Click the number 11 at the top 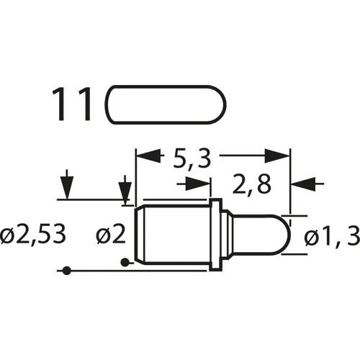click(x=72, y=104)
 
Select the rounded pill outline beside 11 click(x=166, y=104)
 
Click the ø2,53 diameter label click(x=35, y=234)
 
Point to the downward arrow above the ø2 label click(x=125, y=190)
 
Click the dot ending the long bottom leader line click(x=66, y=271)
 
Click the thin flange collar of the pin click(x=214, y=234)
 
